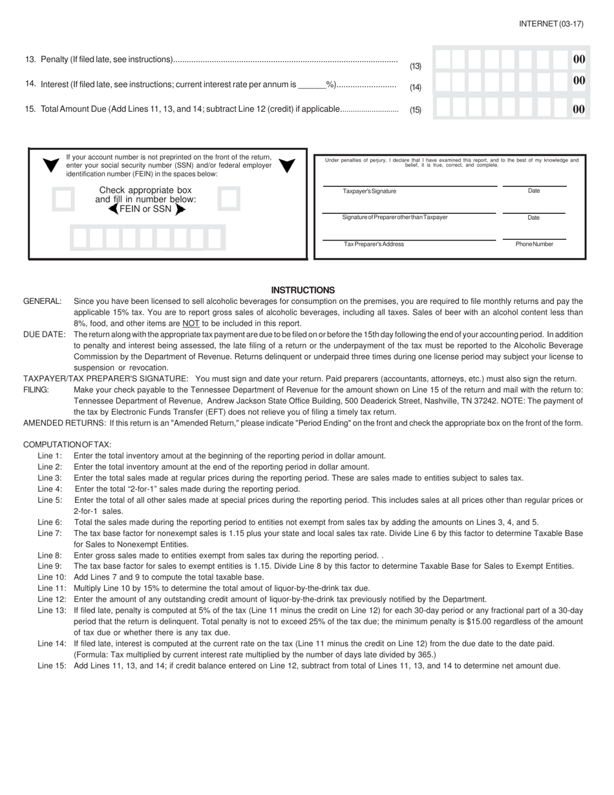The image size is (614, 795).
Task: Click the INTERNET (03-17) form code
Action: click(551, 24)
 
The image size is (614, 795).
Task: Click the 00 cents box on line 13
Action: click(579, 59)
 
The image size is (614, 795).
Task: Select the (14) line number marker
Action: click(416, 87)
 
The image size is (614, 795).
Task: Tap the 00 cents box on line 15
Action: click(579, 109)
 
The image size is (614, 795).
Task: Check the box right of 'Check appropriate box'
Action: click(228, 199)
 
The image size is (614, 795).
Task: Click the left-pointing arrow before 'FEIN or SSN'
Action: click(113, 209)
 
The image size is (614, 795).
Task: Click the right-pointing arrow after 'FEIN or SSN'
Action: click(180, 209)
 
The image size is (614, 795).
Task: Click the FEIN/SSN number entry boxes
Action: click(147, 238)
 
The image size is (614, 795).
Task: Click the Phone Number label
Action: click(534, 244)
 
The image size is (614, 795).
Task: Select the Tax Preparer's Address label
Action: click(374, 244)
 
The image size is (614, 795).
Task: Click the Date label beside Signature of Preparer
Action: click(533, 218)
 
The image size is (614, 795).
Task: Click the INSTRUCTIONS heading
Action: click(302, 290)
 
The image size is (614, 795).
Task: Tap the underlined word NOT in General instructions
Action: click(191, 323)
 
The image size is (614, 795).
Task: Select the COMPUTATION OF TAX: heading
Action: click(67, 445)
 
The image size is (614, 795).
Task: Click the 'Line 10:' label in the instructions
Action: click(52, 577)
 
